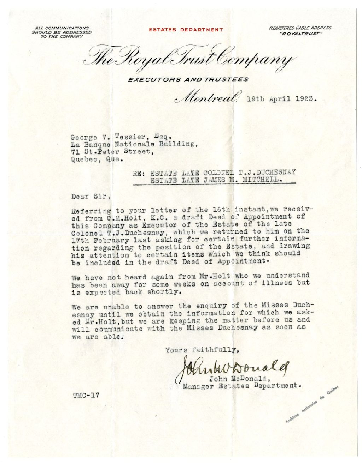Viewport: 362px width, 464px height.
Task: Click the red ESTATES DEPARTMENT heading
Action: point(186,30)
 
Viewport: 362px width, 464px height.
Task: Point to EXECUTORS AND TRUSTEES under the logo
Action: point(188,80)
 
